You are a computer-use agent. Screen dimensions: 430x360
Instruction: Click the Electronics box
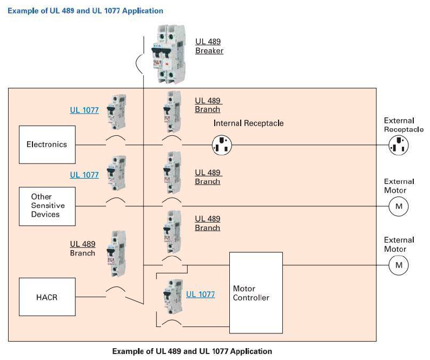47,145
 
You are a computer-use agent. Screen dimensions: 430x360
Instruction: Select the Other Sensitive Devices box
47,206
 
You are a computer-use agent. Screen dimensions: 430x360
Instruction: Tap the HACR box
47,297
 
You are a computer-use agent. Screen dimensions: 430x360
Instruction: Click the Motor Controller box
256,293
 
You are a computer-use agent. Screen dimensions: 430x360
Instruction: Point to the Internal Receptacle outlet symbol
222,145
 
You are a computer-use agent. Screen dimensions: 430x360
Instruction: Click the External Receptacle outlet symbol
399,145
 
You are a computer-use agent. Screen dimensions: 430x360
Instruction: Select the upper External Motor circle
399,206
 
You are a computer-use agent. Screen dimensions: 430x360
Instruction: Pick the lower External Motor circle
399,265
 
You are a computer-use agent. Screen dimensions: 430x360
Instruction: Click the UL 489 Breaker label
209,46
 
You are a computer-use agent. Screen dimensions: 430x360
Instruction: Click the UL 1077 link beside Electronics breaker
84,110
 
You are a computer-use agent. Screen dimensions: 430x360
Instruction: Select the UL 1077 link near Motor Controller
201,294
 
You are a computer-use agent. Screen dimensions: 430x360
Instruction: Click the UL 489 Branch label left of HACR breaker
83,248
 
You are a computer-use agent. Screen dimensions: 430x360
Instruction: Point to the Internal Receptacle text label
248,123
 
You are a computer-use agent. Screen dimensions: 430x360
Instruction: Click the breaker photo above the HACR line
116,254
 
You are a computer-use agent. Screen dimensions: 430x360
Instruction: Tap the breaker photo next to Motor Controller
173,296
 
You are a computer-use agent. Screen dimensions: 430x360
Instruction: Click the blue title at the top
85,11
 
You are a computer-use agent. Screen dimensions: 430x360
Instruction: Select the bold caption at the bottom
192,351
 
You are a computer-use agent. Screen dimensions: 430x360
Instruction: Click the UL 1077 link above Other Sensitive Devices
84,175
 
